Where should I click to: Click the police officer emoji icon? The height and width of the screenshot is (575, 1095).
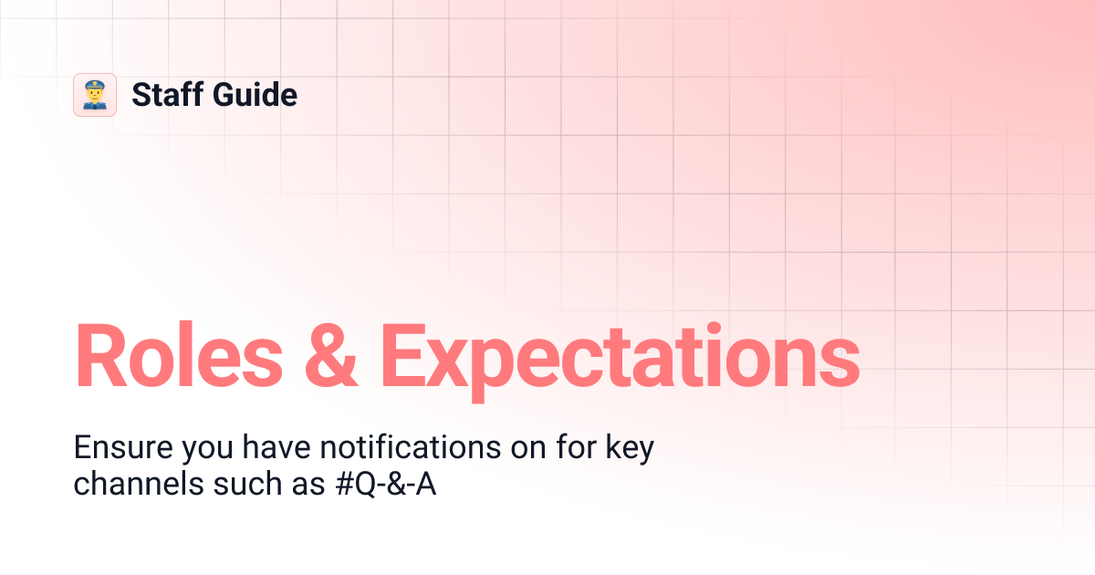point(95,95)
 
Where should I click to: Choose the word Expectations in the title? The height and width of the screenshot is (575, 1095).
point(620,358)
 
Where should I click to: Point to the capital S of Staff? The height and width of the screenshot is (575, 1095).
point(141,95)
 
